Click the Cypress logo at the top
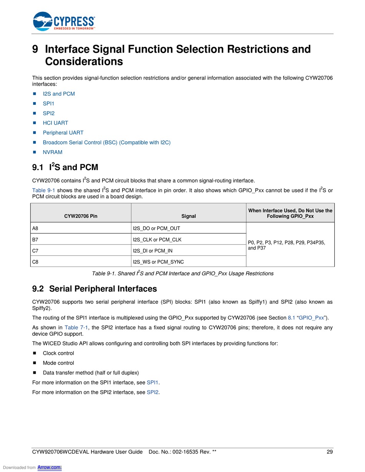tap(64, 21)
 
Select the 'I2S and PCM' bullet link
tap(59, 94)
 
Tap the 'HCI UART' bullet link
tap(55, 123)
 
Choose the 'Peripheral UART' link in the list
tap(63, 132)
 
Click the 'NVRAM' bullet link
tap(53, 152)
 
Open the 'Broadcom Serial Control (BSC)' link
tap(106, 142)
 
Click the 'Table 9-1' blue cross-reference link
tap(43, 190)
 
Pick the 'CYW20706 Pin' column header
tap(81, 216)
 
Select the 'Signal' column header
tap(189, 216)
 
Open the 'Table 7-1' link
tap(76, 328)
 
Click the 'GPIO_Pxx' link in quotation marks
tap(312, 318)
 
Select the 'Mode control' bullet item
tap(58, 363)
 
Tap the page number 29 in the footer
tap(330, 452)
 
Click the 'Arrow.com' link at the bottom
tap(50, 467)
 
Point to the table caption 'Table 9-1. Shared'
tap(182, 273)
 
